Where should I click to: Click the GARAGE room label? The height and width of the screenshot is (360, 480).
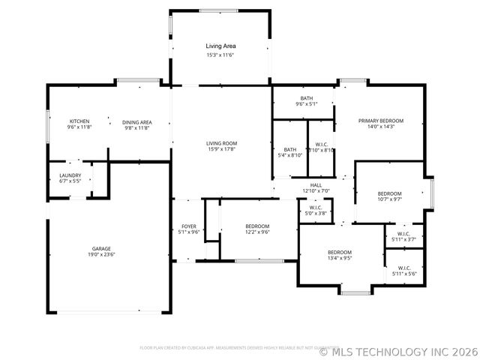[102, 248]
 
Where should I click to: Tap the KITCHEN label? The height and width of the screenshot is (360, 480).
[79, 121]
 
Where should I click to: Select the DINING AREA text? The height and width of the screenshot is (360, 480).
[137, 121]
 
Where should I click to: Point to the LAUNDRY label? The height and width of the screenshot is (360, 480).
[70, 175]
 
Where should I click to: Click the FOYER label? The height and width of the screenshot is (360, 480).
[189, 226]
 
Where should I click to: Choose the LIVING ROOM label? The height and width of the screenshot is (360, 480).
[222, 142]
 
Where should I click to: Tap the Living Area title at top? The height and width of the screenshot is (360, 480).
[220, 46]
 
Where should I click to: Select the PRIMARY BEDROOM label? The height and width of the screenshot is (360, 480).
[380, 121]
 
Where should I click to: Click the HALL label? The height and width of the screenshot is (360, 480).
[316, 184]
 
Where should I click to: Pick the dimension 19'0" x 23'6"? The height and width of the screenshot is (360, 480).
[102, 255]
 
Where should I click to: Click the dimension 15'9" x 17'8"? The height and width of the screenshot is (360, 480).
[222, 149]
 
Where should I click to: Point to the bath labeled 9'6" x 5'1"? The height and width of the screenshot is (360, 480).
[307, 98]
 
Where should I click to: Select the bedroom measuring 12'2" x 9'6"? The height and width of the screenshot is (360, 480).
[257, 226]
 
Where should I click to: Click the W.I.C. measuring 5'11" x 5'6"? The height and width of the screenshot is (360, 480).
[403, 268]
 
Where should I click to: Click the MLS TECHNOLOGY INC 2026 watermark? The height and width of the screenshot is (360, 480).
[398, 349]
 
